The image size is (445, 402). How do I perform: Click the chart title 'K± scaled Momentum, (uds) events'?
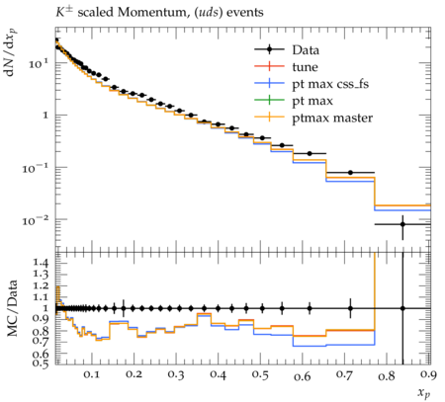click(x=159, y=13)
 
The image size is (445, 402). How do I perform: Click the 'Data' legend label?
click(x=306, y=50)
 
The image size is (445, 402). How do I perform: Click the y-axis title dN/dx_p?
click(x=11, y=52)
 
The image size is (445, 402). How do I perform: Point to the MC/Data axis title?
click(x=12, y=308)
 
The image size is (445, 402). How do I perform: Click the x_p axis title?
click(x=424, y=392)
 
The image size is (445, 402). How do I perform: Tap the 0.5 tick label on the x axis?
click(x=260, y=374)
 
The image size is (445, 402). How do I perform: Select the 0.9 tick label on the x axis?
click(x=428, y=374)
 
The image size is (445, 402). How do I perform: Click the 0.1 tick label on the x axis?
click(x=92, y=374)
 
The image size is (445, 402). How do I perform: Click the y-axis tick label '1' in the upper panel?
click(x=45, y=116)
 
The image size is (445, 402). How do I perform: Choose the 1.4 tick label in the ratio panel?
click(x=41, y=263)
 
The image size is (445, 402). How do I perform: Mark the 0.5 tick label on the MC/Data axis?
click(x=41, y=363)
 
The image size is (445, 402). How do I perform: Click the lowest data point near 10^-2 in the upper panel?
click(x=402, y=224)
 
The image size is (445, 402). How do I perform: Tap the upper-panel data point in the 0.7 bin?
click(x=350, y=173)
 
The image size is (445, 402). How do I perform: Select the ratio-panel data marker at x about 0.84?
click(x=402, y=308)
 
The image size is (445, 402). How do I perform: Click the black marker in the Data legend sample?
click(x=269, y=49)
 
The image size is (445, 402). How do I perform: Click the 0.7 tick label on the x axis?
click(x=344, y=374)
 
